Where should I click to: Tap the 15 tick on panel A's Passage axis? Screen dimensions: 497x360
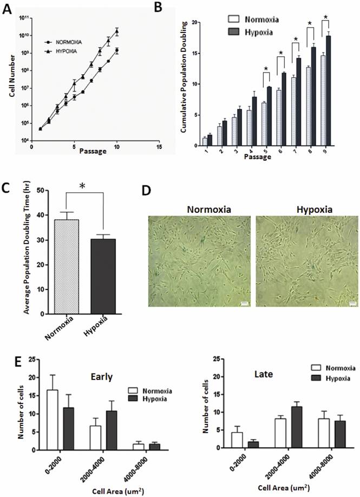click(x=158, y=146)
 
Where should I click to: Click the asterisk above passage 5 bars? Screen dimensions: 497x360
click(x=266, y=68)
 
